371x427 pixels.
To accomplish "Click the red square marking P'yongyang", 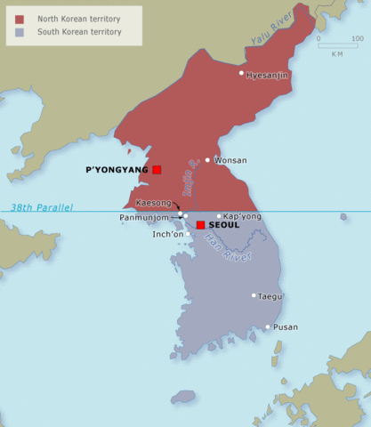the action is click(x=157, y=169).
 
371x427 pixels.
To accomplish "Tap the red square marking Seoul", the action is click(x=201, y=225).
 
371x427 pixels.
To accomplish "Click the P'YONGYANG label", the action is click(x=117, y=169).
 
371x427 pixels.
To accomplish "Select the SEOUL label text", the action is click(x=224, y=225).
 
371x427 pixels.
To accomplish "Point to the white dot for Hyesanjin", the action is click(x=241, y=74).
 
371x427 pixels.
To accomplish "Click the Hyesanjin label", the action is click(x=267, y=75).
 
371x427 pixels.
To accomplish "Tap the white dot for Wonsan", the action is click(x=207, y=160).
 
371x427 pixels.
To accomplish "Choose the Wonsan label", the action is click(x=231, y=160).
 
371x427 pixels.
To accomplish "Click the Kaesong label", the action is click(x=153, y=203).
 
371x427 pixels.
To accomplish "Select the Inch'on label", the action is click(x=167, y=234).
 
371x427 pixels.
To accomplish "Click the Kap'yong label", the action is click(x=242, y=216).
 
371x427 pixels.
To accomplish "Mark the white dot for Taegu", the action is click(x=254, y=295).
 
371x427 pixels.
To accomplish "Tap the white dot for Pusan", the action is click(x=267, y=326).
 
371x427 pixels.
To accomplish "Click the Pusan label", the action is click(x=286, y=327).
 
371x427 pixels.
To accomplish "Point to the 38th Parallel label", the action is click(x=42, y=207).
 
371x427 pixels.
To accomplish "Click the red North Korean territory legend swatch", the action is click(x=19, y=18).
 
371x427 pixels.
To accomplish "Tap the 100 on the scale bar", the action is click(x=357, y=38).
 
